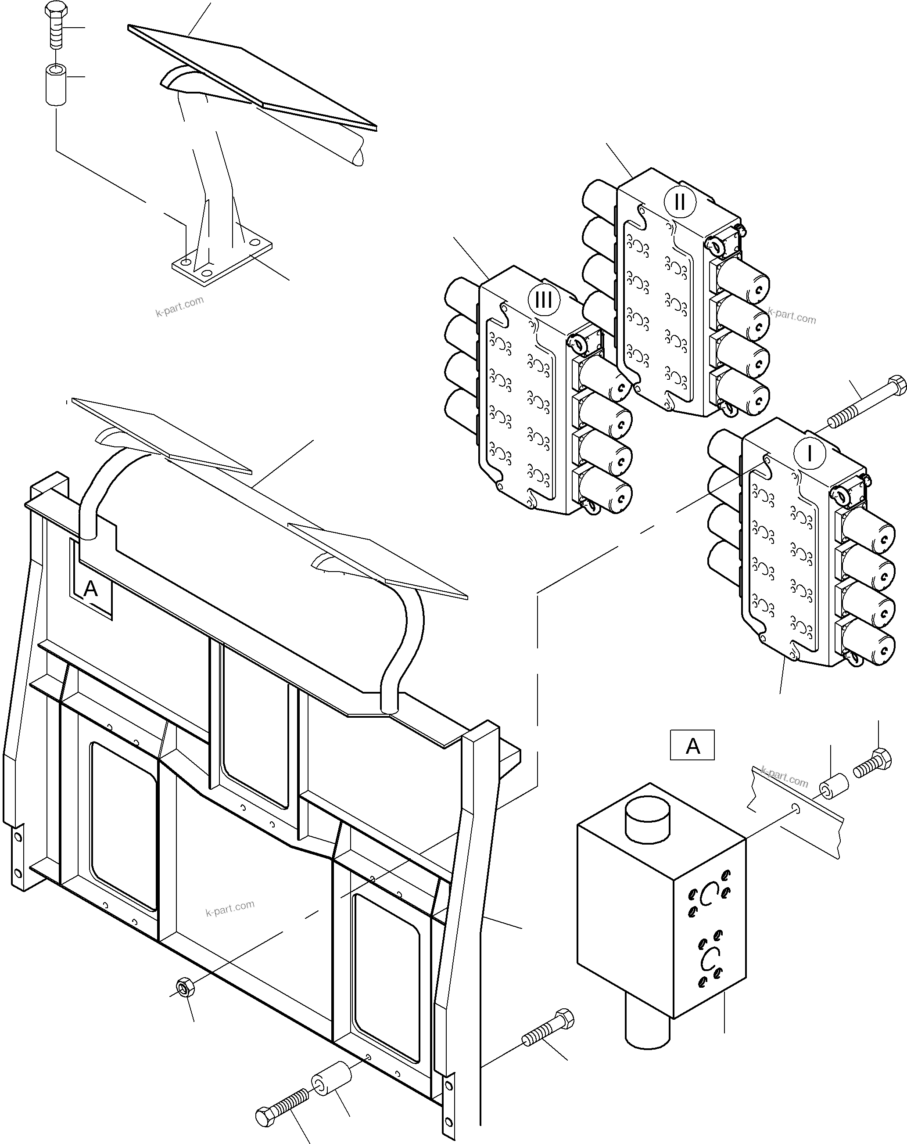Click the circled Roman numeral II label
click(679, 202)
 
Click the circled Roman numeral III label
click(543, 300)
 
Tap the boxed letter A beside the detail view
click(692, 746)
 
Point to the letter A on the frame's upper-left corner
click(91, 588)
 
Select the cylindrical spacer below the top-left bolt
click(55, 84)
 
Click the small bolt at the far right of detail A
click(872, 765)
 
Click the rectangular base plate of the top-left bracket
click(222, 264)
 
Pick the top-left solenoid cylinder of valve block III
click(460, 296)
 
